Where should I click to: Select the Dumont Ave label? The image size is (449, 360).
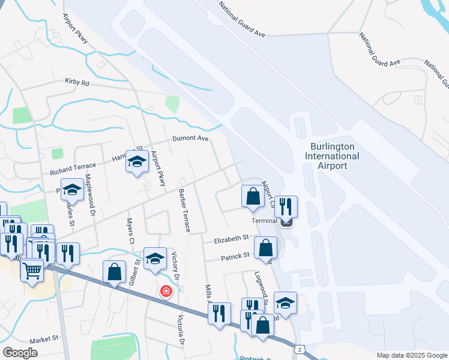click(190, 139)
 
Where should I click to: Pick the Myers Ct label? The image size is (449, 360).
click(130, 230)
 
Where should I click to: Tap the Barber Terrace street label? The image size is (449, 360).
click(184, 211)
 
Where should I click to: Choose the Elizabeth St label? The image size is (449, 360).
click(232, 239)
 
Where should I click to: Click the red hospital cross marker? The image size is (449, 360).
click(165, 292)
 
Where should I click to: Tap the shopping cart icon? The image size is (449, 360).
click(32, 269)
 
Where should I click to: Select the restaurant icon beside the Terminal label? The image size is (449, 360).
click(286, 207)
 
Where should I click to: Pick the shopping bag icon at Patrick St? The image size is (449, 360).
click(265, 248)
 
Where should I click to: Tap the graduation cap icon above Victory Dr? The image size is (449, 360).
click(155, 259)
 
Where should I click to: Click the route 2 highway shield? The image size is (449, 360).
click(298, 349)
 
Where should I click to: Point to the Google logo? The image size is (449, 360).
click(20, 352)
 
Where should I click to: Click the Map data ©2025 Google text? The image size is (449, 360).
click(411, 355)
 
